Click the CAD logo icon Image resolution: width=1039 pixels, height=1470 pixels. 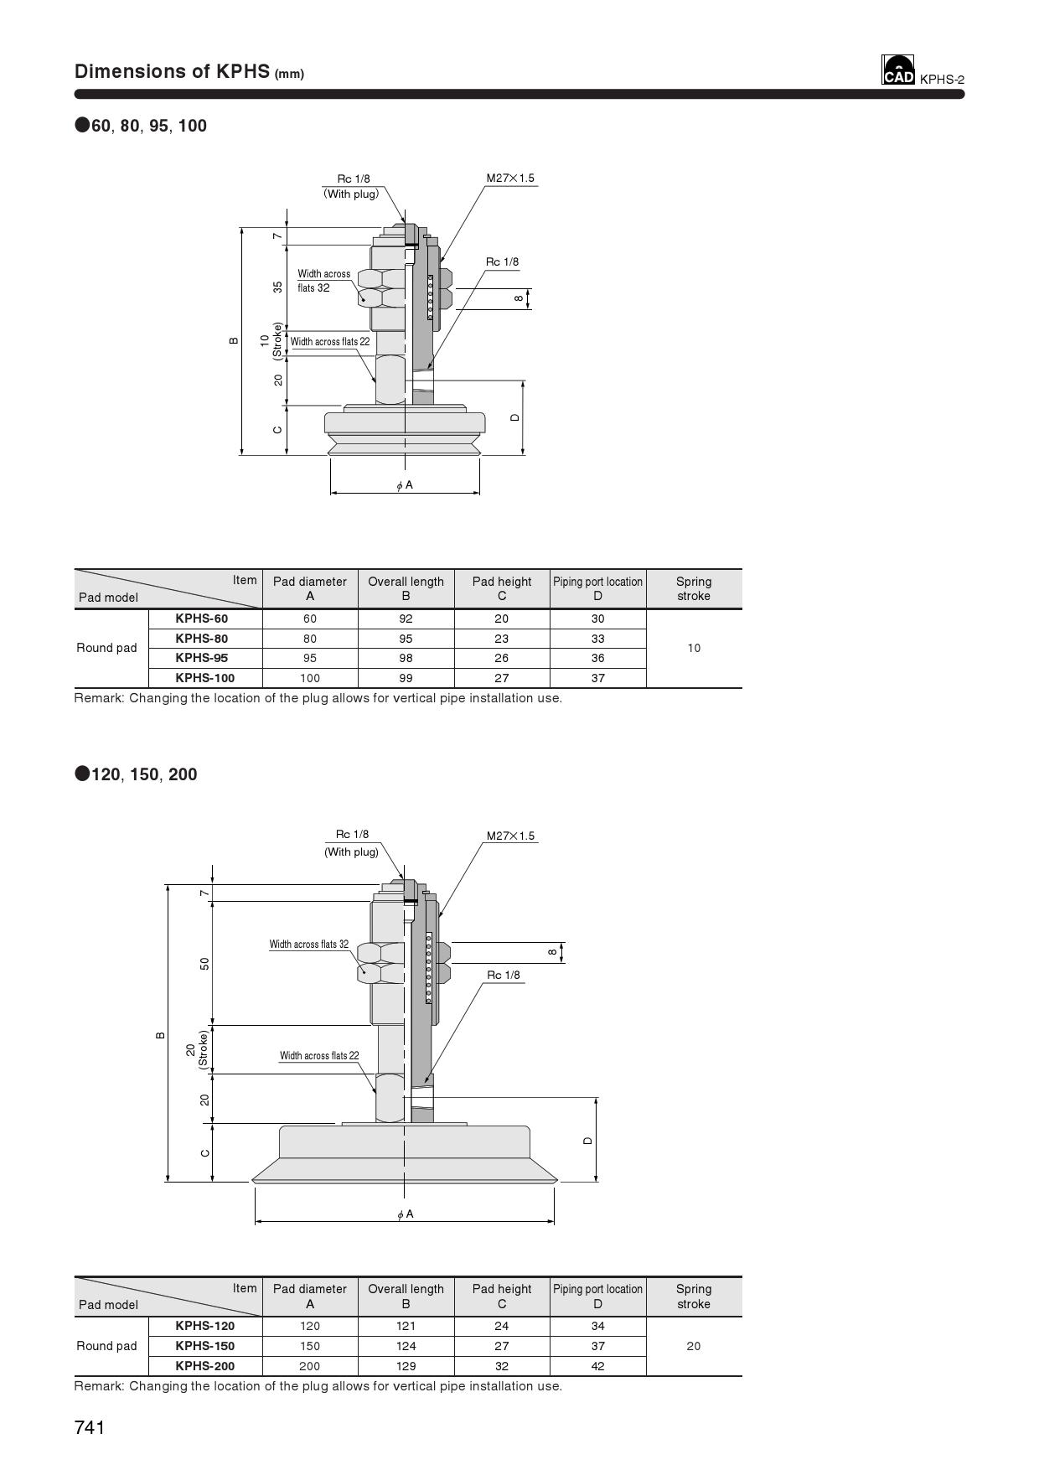pos(897,70)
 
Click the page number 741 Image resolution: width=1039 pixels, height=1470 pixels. pos(90,1427)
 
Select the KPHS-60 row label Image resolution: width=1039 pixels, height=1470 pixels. pos(201,619)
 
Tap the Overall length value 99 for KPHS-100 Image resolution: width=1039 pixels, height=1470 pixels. pos(406,678)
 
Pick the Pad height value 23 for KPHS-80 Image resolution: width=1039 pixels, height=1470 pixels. pos(501,639)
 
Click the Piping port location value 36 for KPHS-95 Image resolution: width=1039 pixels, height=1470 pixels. pos(597,658)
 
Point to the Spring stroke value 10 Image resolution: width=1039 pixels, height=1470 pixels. pos(694,648)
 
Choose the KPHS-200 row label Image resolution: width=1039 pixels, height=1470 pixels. pos(204,1365)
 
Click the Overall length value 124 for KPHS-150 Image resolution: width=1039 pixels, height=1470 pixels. pos(406,1346)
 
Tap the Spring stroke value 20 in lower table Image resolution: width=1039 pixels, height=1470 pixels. pos(694,1346)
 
